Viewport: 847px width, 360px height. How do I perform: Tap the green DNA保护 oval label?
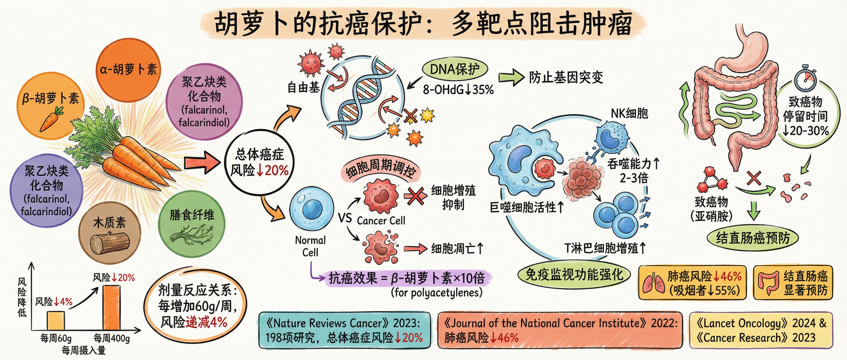tap(455, 69)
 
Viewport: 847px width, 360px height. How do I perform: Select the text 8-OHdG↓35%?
tap(458, 90)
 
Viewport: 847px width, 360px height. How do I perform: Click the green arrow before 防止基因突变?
tap(511, 77)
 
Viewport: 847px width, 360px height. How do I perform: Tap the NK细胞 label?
tap(629, 113)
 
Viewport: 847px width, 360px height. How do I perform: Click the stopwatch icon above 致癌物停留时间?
tap(805, 78)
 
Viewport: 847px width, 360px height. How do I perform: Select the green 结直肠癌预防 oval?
tap(753, 238)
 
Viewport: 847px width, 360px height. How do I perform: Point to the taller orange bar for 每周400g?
tap(111, 307)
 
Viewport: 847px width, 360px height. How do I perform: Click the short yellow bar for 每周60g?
tap(56, 320)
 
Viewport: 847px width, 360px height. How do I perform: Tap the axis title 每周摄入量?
tap(84, 350)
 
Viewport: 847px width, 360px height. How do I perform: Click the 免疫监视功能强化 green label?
tap(574, 275)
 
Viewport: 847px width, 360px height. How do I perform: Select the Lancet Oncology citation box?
tap(761, 330)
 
